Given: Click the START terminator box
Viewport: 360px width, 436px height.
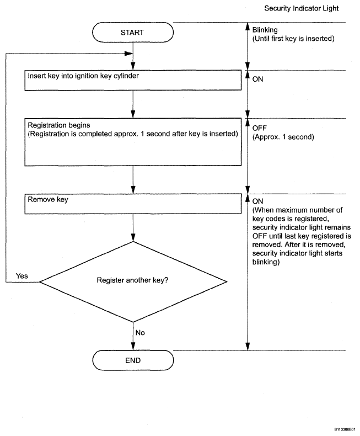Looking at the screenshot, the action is click(x=133, y=32).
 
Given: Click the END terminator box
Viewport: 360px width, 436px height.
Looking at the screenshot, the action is click(x=133, y=360).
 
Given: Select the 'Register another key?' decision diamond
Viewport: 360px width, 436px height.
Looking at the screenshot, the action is click(x=133, y=281).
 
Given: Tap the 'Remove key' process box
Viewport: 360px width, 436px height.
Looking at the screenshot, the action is click(x=133, y=204).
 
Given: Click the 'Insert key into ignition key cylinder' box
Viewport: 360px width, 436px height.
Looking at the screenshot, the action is click(x=133, y=80).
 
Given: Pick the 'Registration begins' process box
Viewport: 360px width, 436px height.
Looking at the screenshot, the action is click(x=133, y=142).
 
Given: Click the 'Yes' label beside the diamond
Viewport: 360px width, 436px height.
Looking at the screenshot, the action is click(x=22, y=276).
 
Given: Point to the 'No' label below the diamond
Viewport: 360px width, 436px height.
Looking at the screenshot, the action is click(x=140, y=333).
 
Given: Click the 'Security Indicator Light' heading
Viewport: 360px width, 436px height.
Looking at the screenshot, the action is click(x=302, y=8).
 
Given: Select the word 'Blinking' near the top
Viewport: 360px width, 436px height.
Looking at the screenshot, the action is click(x=265, y=30).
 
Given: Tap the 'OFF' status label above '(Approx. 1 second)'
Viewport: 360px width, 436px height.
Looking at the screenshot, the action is click(x=260, y=128).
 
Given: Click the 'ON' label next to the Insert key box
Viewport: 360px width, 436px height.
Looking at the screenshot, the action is click(x=257, y=79).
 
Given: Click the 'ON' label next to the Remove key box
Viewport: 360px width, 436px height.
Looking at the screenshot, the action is click(x=257, y=201).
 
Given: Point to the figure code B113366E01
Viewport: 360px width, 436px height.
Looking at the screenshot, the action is click(x=345, y=429).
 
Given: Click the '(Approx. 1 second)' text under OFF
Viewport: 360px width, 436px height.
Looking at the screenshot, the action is click(x=283, y=137).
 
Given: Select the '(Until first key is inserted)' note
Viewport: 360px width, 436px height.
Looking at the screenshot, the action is click(x=293, y=39).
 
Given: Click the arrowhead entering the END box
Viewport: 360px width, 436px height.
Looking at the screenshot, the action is click(x=133, y=347).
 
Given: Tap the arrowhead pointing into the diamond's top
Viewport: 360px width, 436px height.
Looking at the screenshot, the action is click(x=133, y=237).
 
